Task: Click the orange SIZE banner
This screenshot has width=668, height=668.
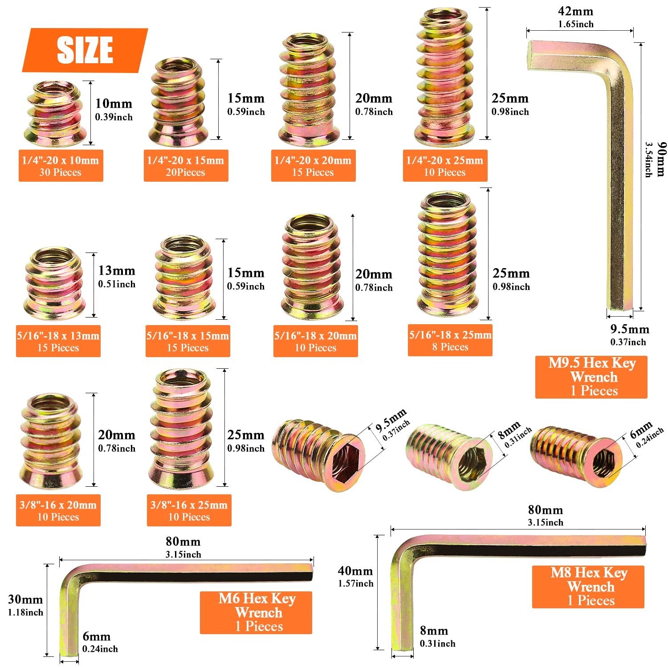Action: (85, 50)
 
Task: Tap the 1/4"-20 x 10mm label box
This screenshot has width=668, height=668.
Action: (61, 166)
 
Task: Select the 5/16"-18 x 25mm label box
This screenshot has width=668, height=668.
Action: (450, 341)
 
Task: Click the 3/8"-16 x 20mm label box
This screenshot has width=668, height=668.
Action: (58, 510)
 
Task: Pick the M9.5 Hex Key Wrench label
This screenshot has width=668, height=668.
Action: (591, 377)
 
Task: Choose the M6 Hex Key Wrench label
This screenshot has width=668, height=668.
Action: (256, 612)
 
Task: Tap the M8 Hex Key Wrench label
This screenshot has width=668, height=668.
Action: (588, 587)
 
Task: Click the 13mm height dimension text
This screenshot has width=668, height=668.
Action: (117, 271)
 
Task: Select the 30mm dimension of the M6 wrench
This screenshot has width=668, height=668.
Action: (25, 600)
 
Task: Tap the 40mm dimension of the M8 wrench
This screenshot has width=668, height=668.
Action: (355, 571)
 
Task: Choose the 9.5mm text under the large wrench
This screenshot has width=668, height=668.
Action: (629, 330)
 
